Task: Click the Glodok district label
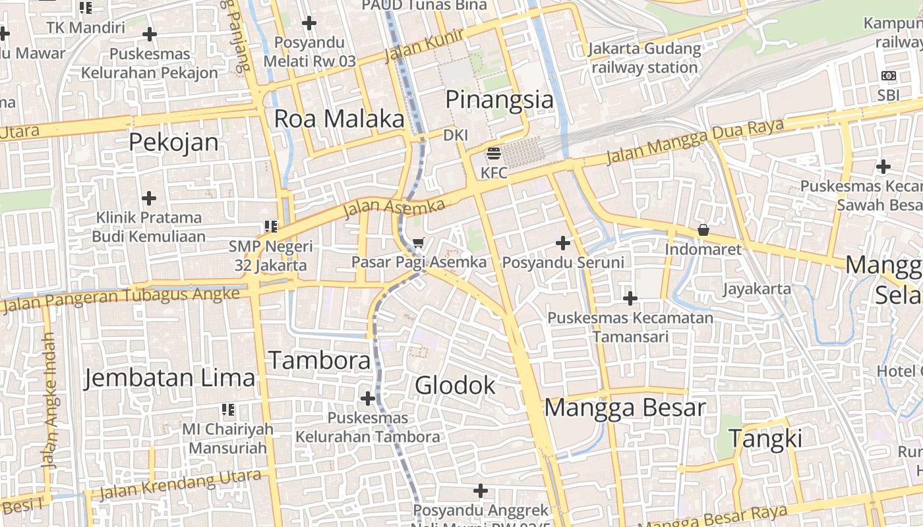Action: (455, 385)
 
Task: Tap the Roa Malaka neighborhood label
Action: (339, 119)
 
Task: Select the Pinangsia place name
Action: (500, 100)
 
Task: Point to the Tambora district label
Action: (320, 361)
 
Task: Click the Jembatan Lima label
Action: (169, 378)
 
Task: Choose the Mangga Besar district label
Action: (624, 408)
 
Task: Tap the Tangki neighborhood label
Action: (765, 439)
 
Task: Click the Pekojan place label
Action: (173, 142)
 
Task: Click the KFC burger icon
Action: (494, 155)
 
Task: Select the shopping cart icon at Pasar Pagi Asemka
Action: (418, 243)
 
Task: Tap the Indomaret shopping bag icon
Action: (703, 231)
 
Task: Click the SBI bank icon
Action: (888, 76)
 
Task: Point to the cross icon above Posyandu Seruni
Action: (563, 244)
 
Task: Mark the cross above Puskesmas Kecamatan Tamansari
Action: (630, 299)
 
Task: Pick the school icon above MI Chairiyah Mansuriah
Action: (228, 410)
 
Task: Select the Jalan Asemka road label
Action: (394, 208)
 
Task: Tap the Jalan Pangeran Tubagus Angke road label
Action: (121, 300)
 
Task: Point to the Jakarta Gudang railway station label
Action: (645, 58)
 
